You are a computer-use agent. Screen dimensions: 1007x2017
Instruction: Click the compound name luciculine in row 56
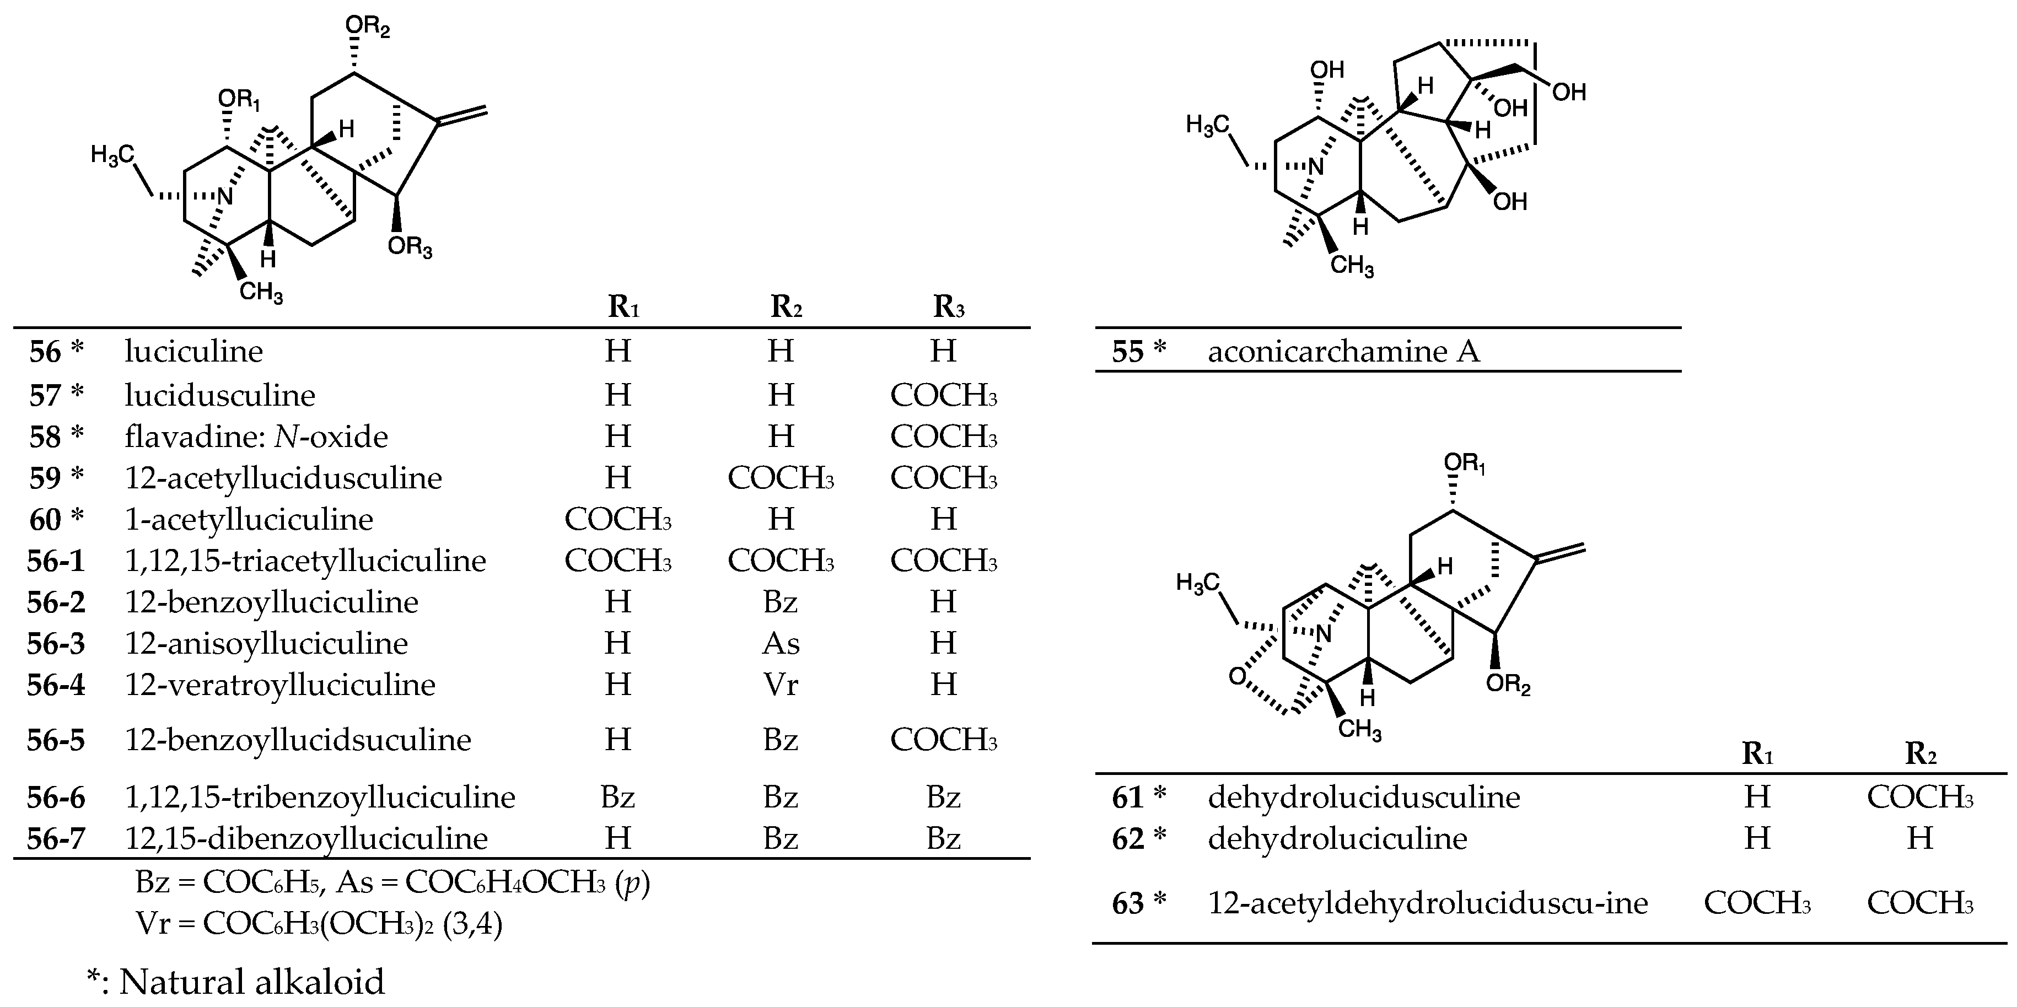pyautogui.click(x=193, y=352)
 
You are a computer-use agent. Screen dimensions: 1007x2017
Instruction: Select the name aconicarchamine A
pyautogui.click(x=1343, y=352)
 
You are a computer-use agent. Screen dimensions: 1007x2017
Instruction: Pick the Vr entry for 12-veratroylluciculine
pyautogui.click(x=781, y=685)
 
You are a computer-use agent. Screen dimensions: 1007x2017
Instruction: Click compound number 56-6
pyautogui.click(x=56, y=797)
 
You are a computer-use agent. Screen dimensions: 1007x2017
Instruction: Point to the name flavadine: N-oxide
pyautogui.click(x=256, y=436)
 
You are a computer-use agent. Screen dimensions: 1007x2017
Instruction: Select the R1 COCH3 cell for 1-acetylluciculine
pyautogui.click(x=618, y=519)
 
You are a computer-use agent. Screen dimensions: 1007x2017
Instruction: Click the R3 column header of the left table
pyautogui.click(x=948, y=308)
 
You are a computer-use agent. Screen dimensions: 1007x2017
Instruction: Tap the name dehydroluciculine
pyautogui.click(x=1337, y=839)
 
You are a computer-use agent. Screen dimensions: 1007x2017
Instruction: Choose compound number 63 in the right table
pyautogui.click(x=1128, y=903)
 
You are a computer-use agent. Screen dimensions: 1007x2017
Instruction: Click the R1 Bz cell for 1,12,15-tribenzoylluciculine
pyautogui.click(x=618, y=797)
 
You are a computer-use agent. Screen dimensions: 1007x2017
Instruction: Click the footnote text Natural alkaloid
pyautogui.click(x=251, y=982)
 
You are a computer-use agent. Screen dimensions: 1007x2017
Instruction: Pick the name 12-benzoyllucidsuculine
pyautogui.click(x=298, y=740)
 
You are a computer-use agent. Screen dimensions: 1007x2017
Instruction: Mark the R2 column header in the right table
pyautogui.click(x=1920, y=753)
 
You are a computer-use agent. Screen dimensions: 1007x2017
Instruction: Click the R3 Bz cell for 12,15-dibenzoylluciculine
pyautogui.click(x=944, y=839)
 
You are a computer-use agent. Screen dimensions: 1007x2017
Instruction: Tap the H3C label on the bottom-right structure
pyautogui.click(x=1198, y=583)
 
